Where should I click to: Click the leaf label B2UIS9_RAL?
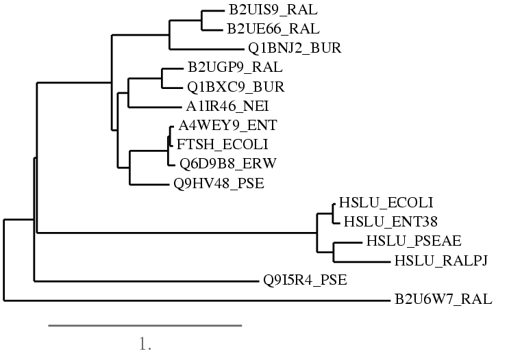click(263, 11)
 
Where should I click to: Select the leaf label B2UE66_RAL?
click(264, 29)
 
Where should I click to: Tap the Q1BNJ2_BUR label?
click(295, 48)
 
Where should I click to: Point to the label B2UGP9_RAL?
click(234, 68)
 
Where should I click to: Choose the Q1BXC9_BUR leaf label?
click(236, 88)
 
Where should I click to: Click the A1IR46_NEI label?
click(227, 106)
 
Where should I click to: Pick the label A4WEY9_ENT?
click(218, 125)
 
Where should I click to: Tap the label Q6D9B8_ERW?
click(222, 163)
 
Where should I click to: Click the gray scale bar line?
click(145, 326)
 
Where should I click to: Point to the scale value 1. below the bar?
click(145, 344)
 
